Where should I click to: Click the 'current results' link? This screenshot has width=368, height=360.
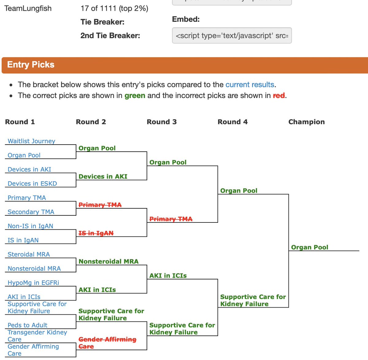point(250,85)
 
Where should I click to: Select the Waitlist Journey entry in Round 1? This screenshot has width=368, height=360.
point(31,141)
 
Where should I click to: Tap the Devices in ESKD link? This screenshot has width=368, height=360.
point(32,184)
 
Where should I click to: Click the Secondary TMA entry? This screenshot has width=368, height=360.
point(31,212)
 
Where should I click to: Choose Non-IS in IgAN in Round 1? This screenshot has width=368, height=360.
point(30,226)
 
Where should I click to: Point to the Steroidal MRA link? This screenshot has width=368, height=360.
point(29,254)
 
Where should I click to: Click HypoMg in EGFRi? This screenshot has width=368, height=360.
point(33,283)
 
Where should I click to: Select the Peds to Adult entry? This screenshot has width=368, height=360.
point(27,325)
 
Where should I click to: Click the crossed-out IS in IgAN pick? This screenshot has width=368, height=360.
point(96,233)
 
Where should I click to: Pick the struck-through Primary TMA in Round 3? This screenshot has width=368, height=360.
point(171,219)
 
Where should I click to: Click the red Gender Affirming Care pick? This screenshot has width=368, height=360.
point(107,343)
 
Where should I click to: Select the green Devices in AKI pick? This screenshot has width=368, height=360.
point(103,176)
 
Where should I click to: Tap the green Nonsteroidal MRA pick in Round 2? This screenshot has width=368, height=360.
point(109,261)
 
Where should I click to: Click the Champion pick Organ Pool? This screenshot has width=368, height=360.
point(309,247)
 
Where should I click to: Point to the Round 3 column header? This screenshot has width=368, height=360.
point(162,122)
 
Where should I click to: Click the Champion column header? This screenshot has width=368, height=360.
point(306,122)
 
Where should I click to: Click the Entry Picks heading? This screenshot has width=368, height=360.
point(31,65)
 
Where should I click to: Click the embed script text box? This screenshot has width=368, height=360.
point(232,36)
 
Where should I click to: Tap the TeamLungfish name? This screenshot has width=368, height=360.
point(28,8)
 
